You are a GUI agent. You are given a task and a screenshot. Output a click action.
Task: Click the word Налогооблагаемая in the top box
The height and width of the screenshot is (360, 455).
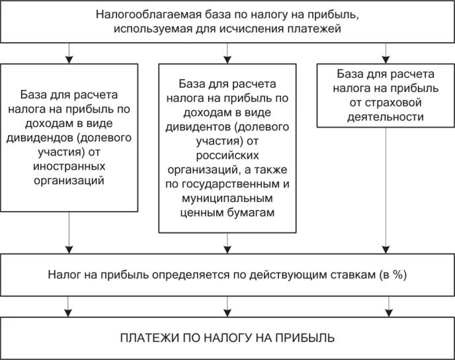(x=136, y=14)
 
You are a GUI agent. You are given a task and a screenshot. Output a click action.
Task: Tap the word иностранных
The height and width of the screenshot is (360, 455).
(x=69, y=166)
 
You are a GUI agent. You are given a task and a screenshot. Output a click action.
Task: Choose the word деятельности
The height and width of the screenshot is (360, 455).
(x=384, y=116)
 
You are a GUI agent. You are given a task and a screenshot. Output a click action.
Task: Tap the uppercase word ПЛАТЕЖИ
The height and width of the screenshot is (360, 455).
(x=144, y=338)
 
